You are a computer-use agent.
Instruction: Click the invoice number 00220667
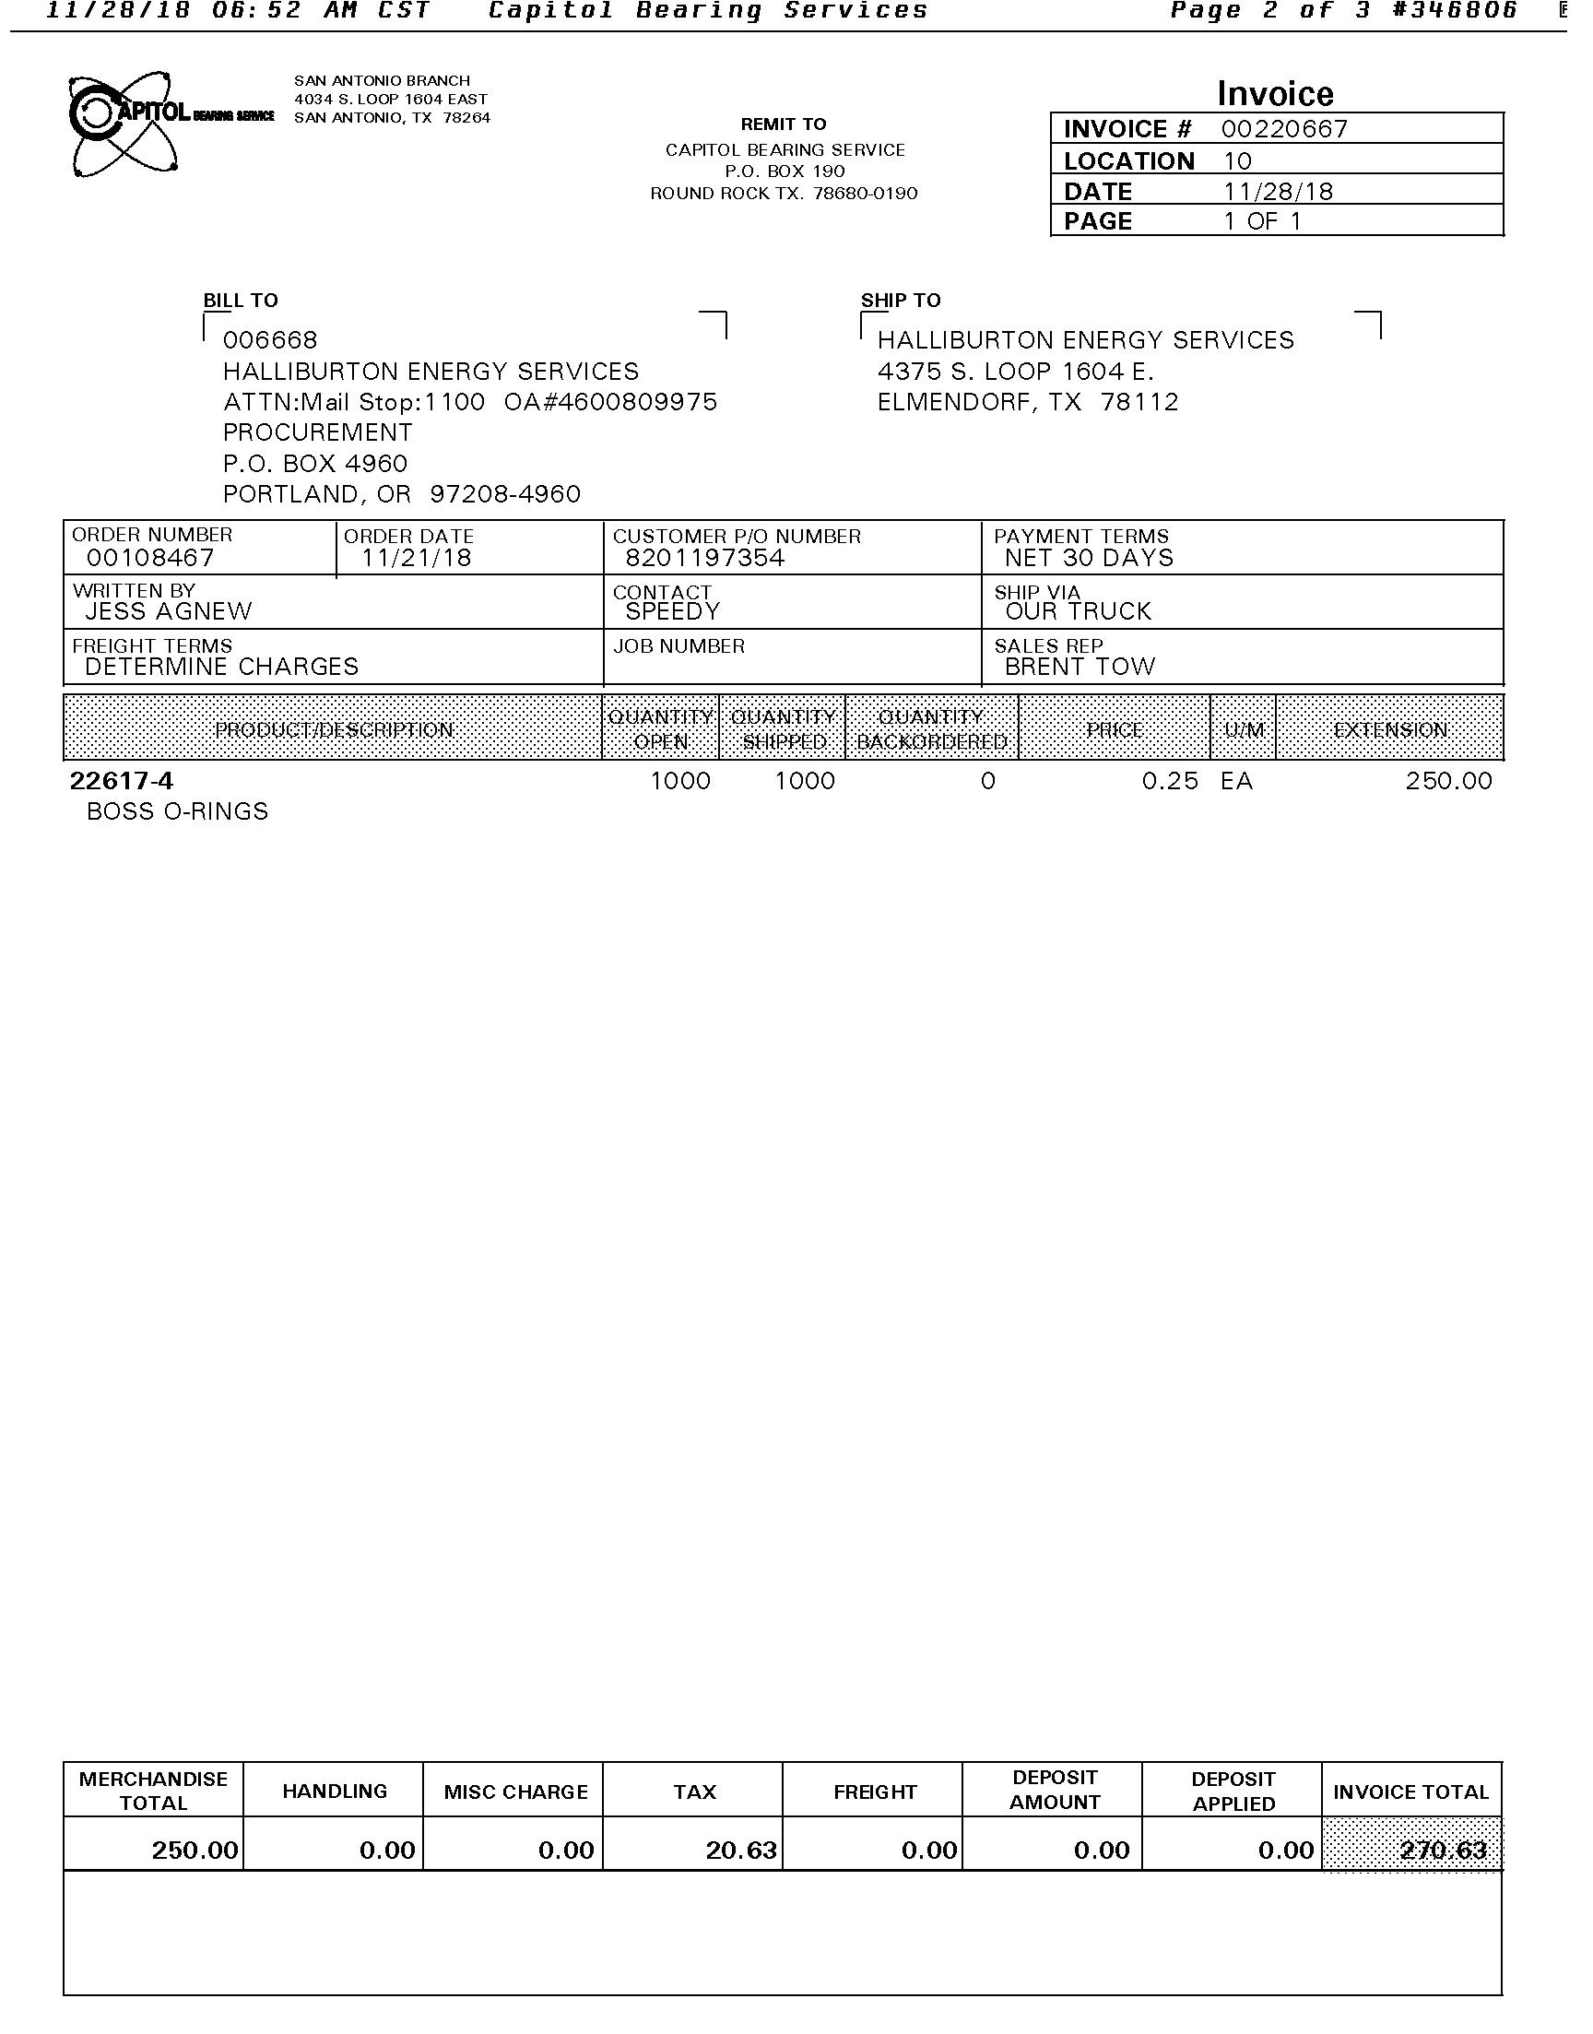tap(1284, 129)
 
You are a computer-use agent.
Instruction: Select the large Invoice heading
tap(1275, 93)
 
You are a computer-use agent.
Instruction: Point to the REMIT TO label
tap(784, 124)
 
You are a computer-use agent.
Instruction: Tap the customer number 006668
tap(269, 340)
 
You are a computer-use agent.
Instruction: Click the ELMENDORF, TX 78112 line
tap(1028, 402)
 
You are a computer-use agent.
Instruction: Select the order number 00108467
tap(150, 558)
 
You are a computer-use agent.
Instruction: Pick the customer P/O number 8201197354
tap(705, 558)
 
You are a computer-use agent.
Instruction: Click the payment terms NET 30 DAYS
tap(1089, 558)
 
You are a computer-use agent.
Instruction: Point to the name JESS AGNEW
tap(168, 612)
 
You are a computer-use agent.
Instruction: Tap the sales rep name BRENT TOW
tap(1080, 667)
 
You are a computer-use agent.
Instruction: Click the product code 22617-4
tap(122, 781)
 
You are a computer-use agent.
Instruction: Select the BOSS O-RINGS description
tap(177, 811)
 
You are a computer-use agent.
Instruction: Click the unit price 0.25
tap(1170, 781)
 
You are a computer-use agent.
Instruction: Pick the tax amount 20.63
tap(740, 1850)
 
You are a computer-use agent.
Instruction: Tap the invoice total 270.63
tap(1443, 1850)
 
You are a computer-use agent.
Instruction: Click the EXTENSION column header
tap(1389, 729)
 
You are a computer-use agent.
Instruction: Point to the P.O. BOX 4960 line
tap(315, 464)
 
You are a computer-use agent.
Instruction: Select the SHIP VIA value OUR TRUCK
tap(1079, 612)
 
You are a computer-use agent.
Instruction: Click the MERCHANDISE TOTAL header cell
tap(153, 1791)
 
